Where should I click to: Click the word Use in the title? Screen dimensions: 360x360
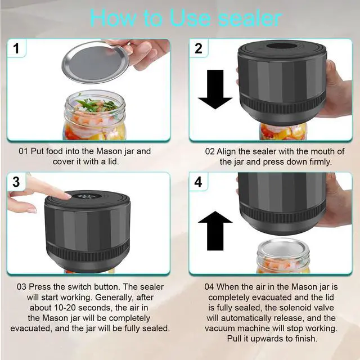190,18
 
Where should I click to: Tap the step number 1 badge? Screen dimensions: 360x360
16,48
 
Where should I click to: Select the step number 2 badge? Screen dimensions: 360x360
199,48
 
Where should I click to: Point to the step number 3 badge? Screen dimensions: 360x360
16,182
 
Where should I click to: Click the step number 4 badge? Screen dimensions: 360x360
199,182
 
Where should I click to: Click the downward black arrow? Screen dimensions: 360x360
215,89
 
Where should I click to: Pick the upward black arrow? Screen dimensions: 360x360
215,231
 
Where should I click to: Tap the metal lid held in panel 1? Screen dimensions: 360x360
94,62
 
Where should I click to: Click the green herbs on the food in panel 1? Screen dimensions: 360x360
96,105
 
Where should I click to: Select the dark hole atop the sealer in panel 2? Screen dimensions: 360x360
281,46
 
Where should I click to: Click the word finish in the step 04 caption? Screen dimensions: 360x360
305,339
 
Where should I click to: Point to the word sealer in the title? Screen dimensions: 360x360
250,18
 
